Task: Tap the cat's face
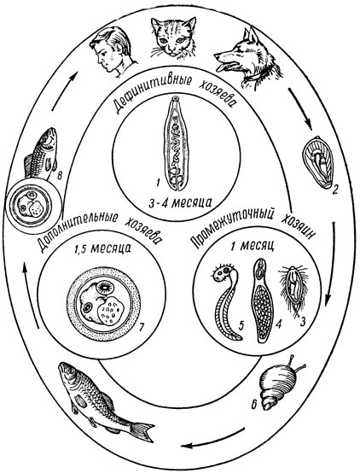[173, 37]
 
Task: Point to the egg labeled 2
[317, 162]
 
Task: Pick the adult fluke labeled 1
[176, 144]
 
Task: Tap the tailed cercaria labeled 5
[227, 301]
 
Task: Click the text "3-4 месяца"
[180, 203]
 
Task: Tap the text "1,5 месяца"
[103, 248]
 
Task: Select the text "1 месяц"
[252, 246]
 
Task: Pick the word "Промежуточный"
[234, 225]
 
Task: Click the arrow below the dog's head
[300, 110]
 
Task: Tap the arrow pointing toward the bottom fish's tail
[212, 439]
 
